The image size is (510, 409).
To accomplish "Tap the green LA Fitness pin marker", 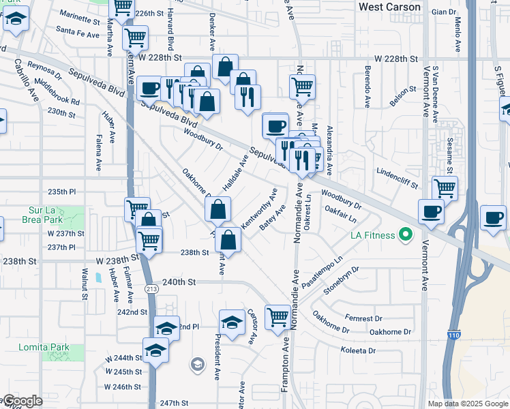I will point(406,236).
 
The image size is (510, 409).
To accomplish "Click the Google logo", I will point(22,402).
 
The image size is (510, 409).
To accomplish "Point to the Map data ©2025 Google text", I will point(468,404).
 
